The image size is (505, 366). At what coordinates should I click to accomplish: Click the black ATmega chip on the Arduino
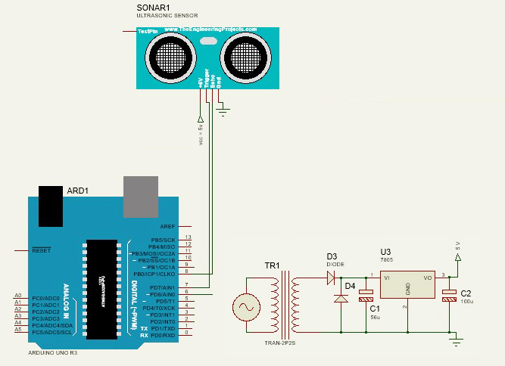102,279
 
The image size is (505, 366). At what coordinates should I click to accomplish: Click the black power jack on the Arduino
52,205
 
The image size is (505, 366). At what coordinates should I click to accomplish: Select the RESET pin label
41,250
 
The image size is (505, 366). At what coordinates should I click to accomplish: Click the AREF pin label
167,226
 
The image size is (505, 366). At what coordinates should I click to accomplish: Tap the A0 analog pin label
17,296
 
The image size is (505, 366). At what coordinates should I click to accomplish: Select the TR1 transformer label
272,265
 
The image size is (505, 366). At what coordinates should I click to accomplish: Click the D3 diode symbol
332,277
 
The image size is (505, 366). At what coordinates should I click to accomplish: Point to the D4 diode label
350,286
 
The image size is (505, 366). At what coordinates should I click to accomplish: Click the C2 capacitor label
466,293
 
